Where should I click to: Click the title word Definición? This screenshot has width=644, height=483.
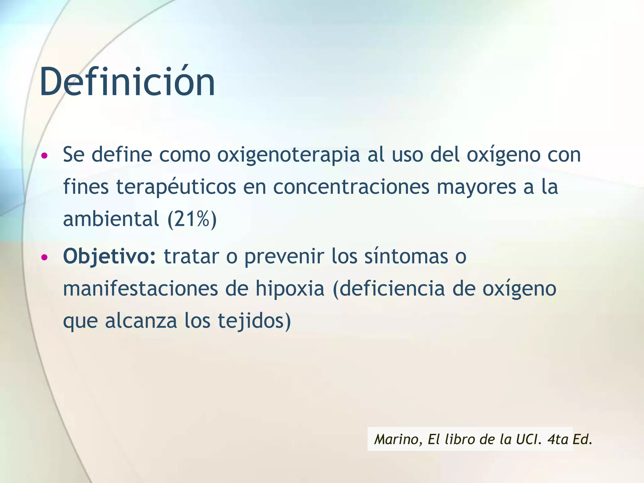coord(127,82)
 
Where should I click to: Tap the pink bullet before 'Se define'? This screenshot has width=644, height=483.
coord(45,156)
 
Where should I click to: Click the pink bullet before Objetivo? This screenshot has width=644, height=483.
coord(45,257)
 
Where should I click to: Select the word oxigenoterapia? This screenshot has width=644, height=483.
coord(288,155)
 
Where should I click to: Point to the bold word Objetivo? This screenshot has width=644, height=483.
coord(109,257)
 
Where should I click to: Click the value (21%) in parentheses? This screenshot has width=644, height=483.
coord(192,219)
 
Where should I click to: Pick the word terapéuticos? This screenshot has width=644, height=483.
coord(176,187)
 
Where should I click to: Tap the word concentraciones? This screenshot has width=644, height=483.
coord(351,187)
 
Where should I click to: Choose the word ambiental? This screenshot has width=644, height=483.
coord(111,219)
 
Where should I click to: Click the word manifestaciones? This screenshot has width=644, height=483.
coord(141,288)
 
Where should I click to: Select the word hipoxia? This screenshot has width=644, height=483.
coord(290,288)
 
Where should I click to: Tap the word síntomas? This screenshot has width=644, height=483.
coord(406,257)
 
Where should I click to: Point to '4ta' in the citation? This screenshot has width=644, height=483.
coord(558,439)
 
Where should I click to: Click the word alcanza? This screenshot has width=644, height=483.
coord(141,321)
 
